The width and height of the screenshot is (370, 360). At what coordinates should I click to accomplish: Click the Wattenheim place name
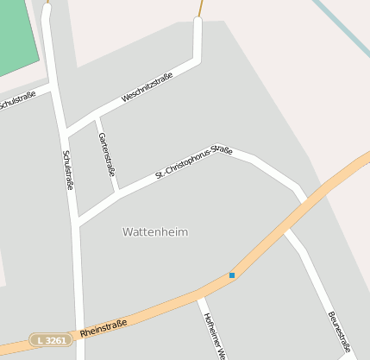155,232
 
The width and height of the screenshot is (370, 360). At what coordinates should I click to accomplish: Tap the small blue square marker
232,275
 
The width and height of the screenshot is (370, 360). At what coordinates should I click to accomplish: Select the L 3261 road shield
51,340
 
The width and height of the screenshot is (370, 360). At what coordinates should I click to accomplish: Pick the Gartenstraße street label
106,154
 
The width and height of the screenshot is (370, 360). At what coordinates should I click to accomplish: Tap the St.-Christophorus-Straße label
194,162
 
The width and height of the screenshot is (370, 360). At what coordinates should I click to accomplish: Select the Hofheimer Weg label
214,334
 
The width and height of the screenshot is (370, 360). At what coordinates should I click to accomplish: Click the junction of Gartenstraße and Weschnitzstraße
96,116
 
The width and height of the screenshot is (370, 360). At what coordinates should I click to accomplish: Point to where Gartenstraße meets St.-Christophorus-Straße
116,193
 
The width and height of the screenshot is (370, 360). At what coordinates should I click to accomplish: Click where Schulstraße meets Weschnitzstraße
64,131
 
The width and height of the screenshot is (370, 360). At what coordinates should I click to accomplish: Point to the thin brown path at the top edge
201,9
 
